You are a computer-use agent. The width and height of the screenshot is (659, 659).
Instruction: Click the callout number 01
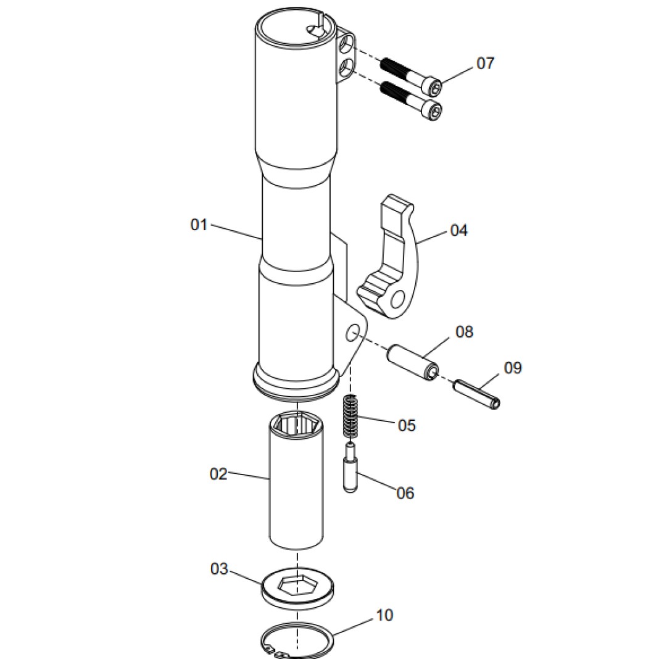(x=199, y=225)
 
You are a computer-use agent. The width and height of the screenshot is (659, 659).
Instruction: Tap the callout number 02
(x=218, y=474)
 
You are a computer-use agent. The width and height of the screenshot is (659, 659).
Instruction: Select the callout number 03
(x=219, y=569)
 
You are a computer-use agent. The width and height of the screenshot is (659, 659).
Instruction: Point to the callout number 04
(x=458, y=230)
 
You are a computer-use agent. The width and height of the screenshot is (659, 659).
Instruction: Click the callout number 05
(x=407, y=425)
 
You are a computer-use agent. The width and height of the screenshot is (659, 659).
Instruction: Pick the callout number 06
(x=405, y=493)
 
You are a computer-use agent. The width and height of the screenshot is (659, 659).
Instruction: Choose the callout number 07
(x=486, y=63)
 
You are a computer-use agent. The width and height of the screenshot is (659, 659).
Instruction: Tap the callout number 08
(x=465, y=332)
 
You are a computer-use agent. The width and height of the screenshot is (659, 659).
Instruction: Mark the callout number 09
(x=513, y=368)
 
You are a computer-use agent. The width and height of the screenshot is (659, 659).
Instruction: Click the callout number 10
(x=384, y=615)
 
